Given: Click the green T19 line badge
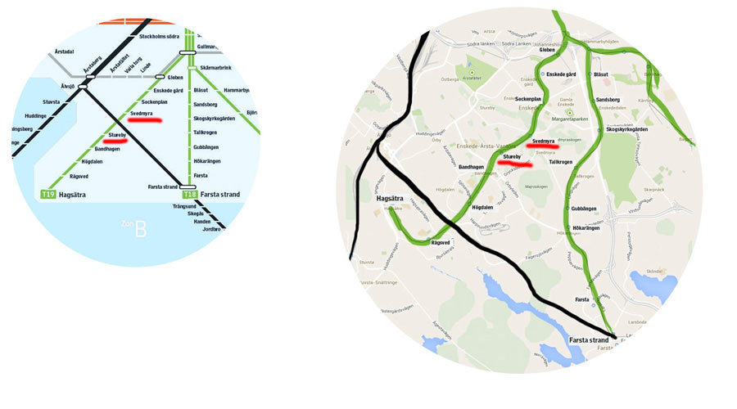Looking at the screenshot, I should click(x=47, y=195).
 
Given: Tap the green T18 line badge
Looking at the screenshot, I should click(x=189, y=195).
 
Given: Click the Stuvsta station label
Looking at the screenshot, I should click(x=51, y=101).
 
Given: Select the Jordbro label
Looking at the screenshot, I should click(x=211, y=229).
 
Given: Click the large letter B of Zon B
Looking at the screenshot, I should click(x=141, y=229).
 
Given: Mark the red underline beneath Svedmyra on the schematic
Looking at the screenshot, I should click(x=144, y=120).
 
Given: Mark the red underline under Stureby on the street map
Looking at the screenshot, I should click(x=516, y=164).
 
